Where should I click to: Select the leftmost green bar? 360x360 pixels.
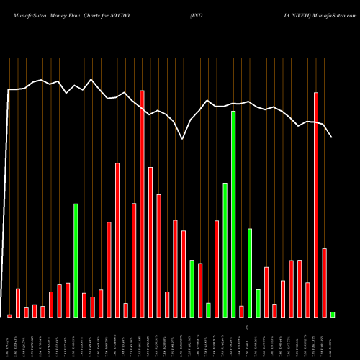coord(76,260)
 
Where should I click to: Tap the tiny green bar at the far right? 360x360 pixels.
coord(333,314)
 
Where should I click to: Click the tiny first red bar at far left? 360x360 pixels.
coord(9,315)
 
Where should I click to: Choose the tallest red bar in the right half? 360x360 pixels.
coord(316,204)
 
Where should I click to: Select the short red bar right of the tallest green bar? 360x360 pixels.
coord(241,311)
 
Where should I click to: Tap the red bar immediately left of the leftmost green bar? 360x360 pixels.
coord(68,300)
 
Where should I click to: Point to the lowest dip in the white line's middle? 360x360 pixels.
coord(183,138)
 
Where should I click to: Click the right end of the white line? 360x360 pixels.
coord(331,136)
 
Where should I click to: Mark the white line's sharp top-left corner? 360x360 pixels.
coord(9,90)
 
